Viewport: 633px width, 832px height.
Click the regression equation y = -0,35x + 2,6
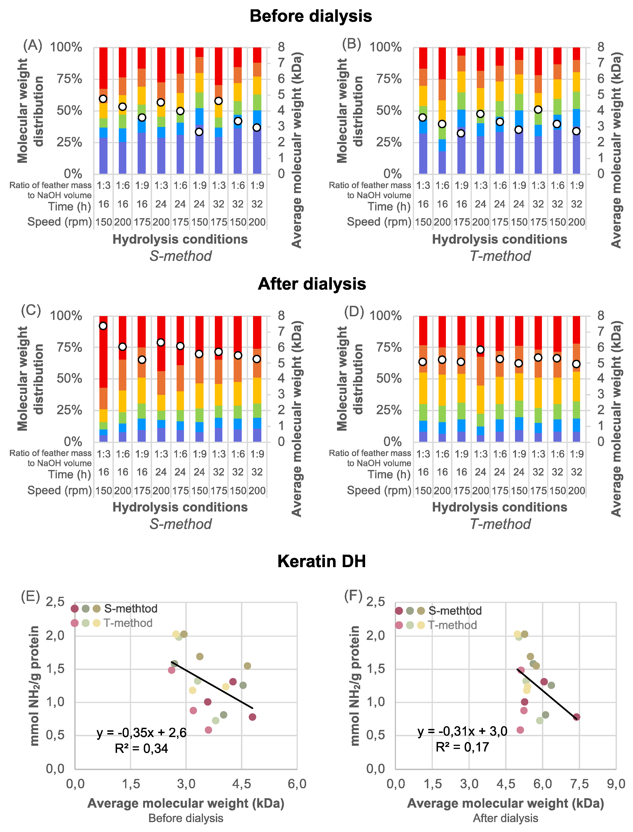(142, 733)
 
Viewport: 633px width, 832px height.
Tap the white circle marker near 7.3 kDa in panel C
(103, 326)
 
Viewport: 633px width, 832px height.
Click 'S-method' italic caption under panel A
(181, 256)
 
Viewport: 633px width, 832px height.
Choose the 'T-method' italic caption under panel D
(500, 524)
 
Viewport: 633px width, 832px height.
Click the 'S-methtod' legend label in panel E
(131, 609)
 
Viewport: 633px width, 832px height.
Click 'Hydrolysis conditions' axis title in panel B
(500, 239)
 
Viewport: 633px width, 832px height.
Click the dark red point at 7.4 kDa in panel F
(576, 717)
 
